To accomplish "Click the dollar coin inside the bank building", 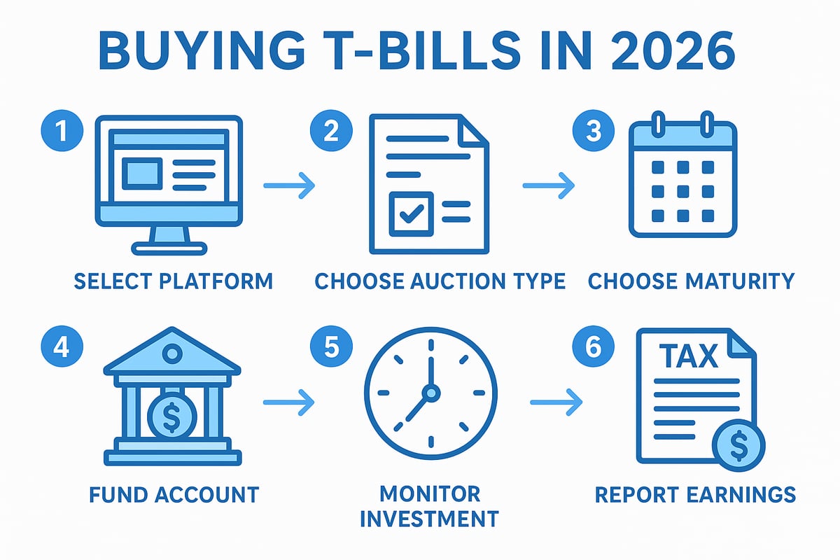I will (172, 414).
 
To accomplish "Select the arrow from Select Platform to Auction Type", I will (289, 185).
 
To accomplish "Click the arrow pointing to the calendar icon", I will (549, 185).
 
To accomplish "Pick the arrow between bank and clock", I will (289, 402).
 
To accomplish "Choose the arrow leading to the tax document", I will (556, 402).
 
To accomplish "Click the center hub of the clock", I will (430, 394).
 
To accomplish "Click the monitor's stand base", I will (169, 247).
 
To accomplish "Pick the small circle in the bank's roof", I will (171, 355).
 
